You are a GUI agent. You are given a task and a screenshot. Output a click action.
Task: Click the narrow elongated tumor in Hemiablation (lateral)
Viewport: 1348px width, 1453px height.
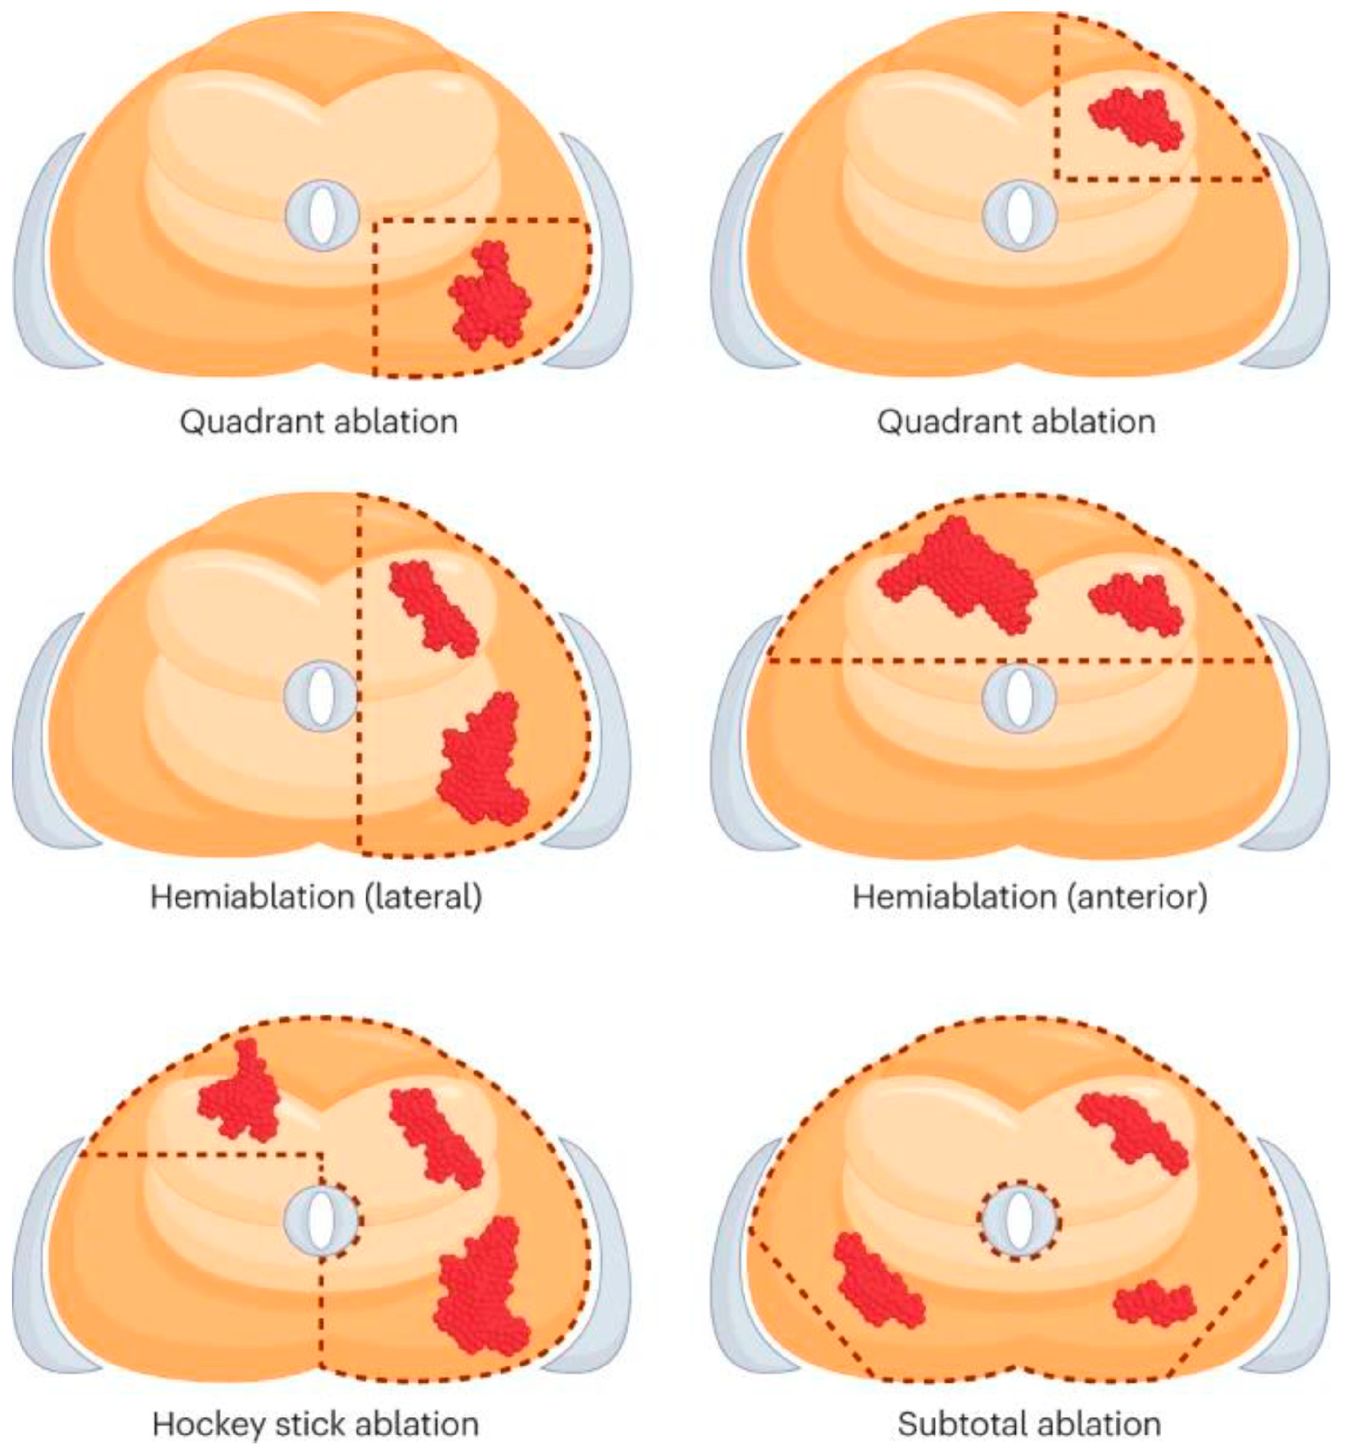point(433,606)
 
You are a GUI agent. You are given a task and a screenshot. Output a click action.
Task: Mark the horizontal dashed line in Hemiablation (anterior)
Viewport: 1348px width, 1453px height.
point(912,661)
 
